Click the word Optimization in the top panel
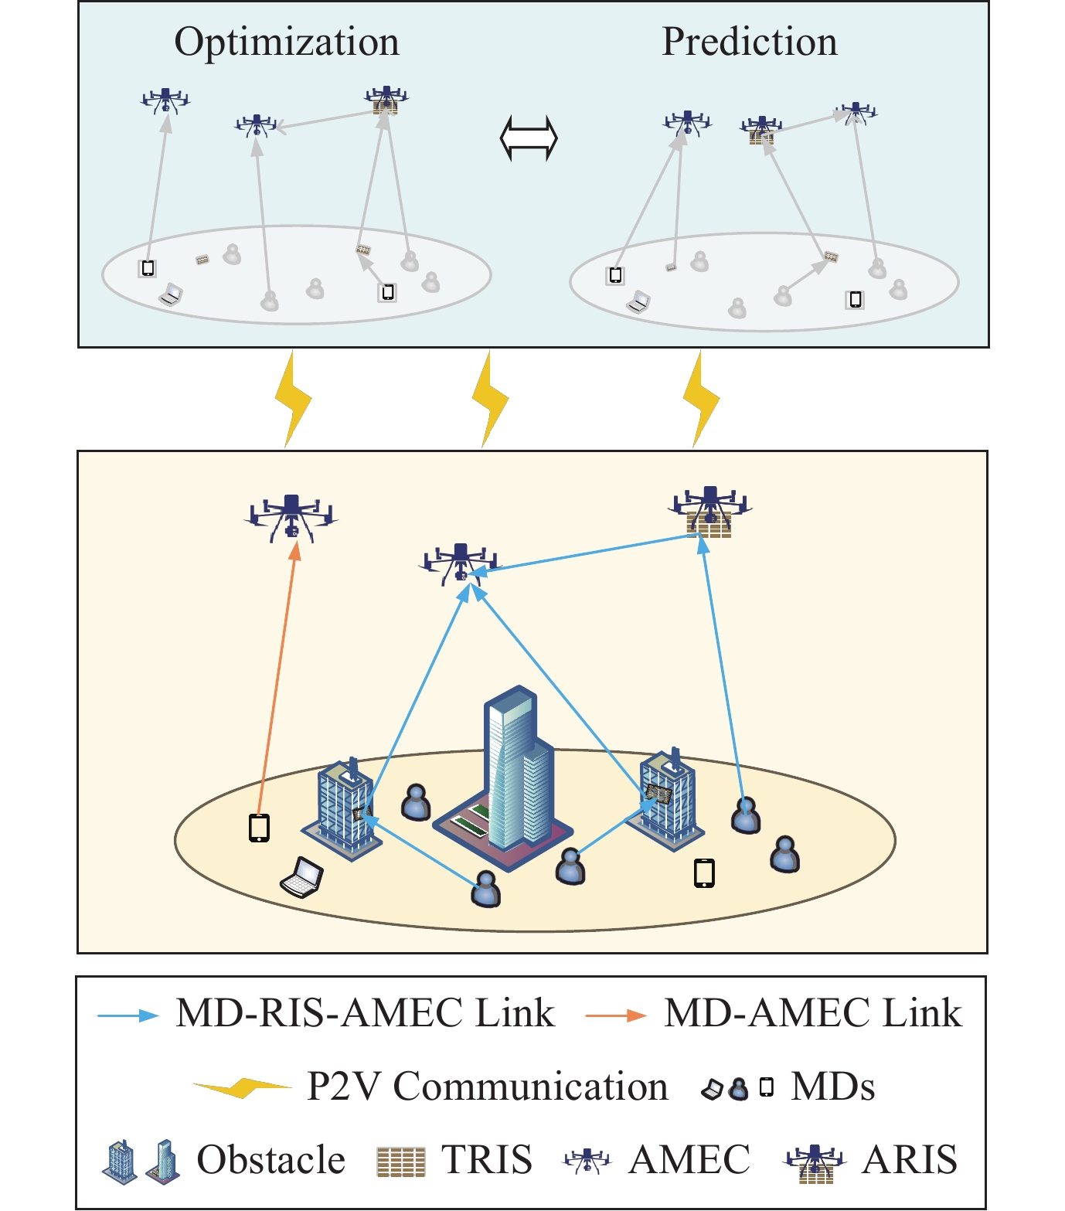(x=287, y=43)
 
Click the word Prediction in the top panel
(x=750, y=42)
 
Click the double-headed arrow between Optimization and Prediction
(x=529, y=138)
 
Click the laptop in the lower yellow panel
(x=301, y=877)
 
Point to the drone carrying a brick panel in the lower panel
(x=709, y=512)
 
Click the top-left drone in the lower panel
(x=291, y=517)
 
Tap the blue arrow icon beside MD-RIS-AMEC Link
(x=128, y=1015)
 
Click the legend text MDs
(x=833, y=1087)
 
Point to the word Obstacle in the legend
(x=271, y=1160)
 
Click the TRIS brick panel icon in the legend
(x=400, y=1162)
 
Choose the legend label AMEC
(x=689, y=1160)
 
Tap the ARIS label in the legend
(x=910, y=1160)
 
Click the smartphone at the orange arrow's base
(x=259, y=828)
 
